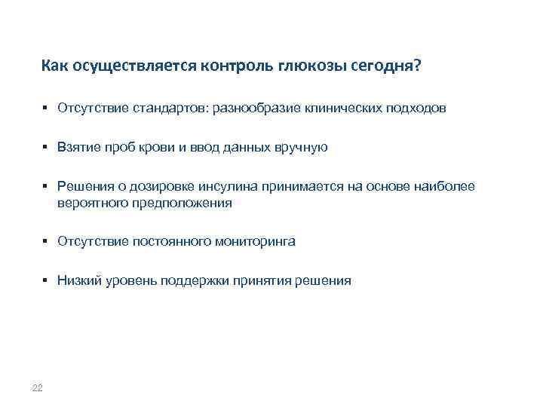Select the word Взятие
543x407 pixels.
point(78,147)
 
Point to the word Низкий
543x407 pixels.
point(78,281)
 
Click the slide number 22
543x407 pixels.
point(38,388)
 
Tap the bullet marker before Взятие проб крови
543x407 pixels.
point(46,147)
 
